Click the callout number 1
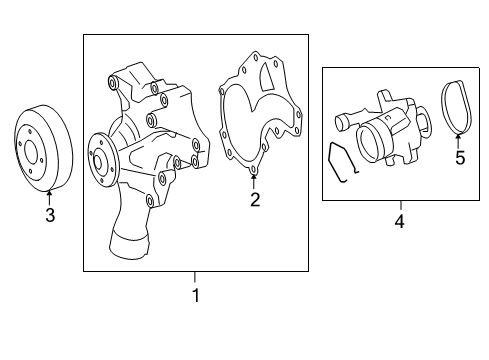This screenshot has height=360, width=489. click(x=196, y=295)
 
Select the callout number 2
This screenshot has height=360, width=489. click(x=255, y=200)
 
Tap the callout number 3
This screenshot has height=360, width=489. click(x=50, y=215)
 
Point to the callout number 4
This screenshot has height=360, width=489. click(x=399, y=221)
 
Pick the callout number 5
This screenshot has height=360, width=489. click(x=460, y=158)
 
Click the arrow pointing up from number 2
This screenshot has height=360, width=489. click(x=254, y=182)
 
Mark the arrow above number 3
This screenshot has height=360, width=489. click(x=49, y=197)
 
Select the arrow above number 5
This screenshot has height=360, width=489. click(x=458, y=141)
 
